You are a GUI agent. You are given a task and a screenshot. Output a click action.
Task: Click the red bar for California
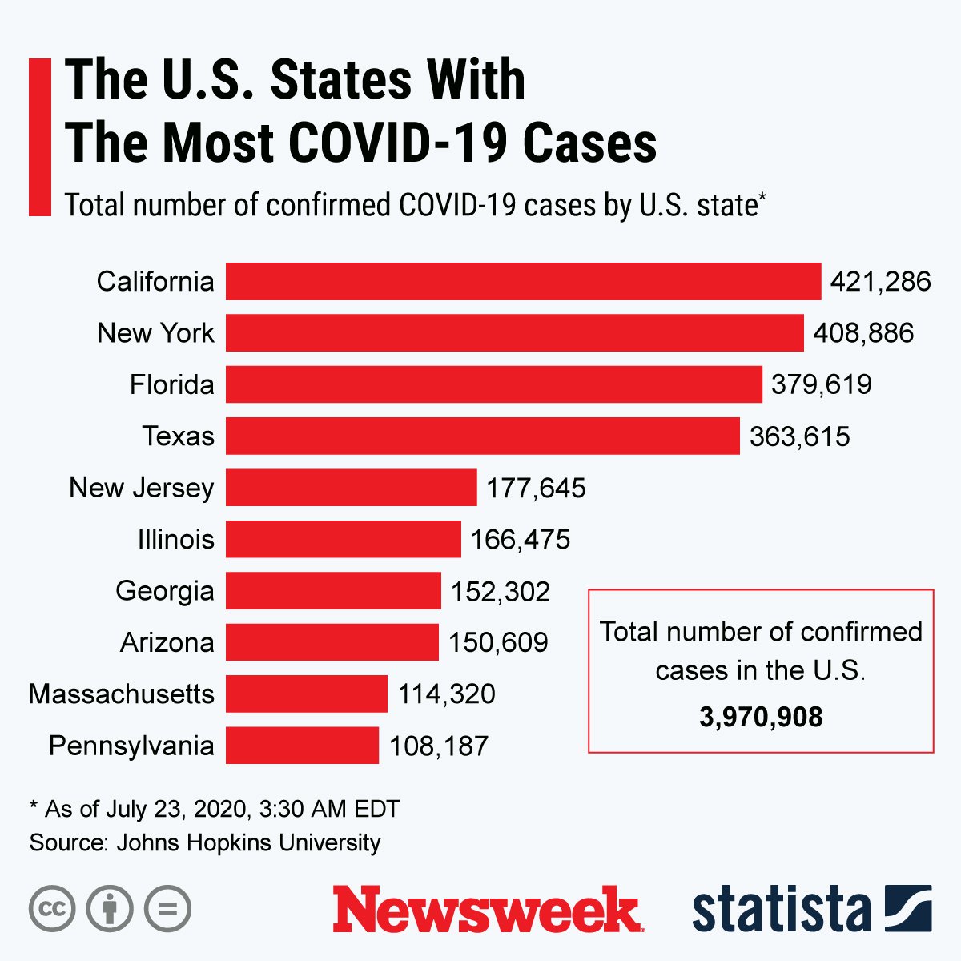[x=523, y=281]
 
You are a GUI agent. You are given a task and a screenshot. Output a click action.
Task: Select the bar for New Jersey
[x=351, y=488]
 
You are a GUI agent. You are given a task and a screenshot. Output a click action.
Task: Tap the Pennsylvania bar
[x=302, y=746]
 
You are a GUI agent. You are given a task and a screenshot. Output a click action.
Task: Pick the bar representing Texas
[x=482, y=436]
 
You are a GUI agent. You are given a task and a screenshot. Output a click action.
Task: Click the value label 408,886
[x=862, y=333]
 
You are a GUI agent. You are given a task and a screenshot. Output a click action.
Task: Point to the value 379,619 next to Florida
[x=821, y=384]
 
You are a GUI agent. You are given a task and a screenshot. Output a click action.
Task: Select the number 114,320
[x=446, y=694]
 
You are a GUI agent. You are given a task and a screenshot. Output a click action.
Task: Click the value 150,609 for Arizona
[x=497, y=642]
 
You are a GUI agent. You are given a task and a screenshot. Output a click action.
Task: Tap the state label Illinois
[x=175, y=539]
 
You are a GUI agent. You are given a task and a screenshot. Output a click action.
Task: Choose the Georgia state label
[x=164, y=591]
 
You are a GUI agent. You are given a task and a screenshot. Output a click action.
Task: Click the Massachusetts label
[x=121, y=694]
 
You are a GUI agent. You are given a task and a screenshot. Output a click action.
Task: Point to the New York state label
[x=155, y=333]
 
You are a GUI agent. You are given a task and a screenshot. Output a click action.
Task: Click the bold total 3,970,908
[x=760, y=717]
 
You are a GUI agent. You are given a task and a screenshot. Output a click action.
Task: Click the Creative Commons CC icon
[x=52, y=909]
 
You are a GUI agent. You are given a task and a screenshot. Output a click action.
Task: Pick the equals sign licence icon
[x=167, y=909]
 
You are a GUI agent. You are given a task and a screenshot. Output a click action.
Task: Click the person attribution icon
[x=110, y=909]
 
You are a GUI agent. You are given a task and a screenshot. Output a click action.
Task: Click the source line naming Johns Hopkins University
[x=205, y=842]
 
